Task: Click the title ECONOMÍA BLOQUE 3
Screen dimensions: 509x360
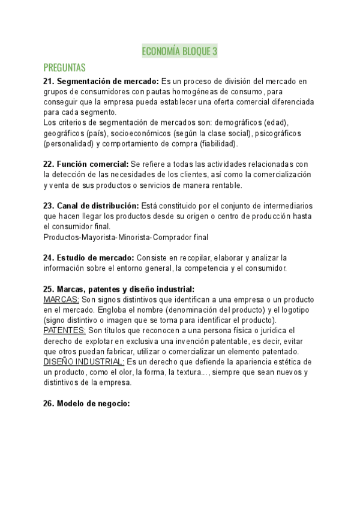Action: [179, 52]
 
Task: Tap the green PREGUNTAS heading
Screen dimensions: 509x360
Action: [65, 67]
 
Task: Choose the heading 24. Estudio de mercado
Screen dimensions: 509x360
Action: [89, 258]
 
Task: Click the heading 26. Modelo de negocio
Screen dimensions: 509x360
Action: [86, 403]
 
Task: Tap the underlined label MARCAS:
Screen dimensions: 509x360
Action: [61, 299]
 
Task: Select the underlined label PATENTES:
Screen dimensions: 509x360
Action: [65, 330]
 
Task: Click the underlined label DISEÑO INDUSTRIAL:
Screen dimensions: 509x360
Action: [84, 361]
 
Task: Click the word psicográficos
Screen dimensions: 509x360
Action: [280, 133]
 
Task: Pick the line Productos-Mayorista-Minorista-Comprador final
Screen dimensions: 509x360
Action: [126, 237]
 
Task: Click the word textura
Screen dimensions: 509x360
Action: [193, 372]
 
